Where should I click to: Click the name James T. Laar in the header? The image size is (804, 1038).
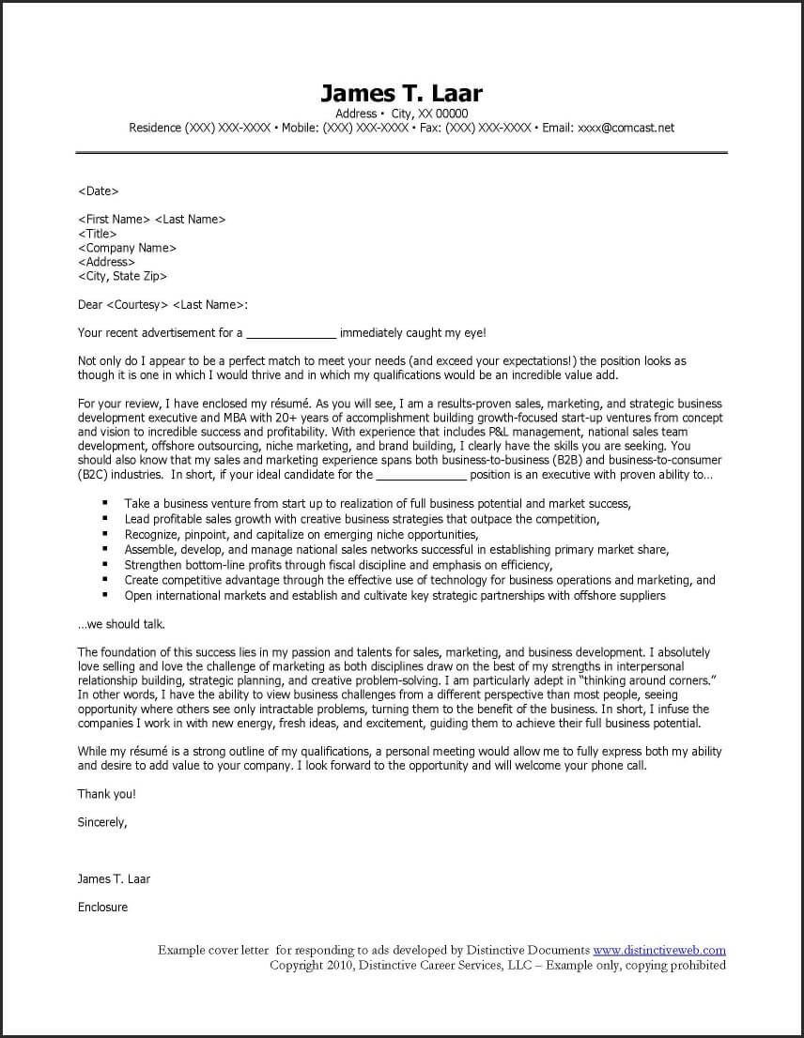401,93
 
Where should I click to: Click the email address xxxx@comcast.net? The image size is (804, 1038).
626,128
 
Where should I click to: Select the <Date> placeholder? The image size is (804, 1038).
99,191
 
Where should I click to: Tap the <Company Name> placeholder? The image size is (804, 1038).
127,248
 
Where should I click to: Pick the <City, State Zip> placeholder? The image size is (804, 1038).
123,276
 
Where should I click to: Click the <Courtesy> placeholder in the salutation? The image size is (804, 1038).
138,304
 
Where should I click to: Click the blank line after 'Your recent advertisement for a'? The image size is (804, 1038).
291,333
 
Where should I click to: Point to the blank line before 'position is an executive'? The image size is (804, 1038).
421,475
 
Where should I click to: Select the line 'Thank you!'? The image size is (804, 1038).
107,794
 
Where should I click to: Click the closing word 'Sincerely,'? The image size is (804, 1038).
102,822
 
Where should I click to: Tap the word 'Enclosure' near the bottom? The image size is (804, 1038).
102,908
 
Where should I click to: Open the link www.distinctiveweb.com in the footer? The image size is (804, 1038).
658,951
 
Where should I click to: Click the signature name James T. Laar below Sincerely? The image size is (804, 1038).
114,879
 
